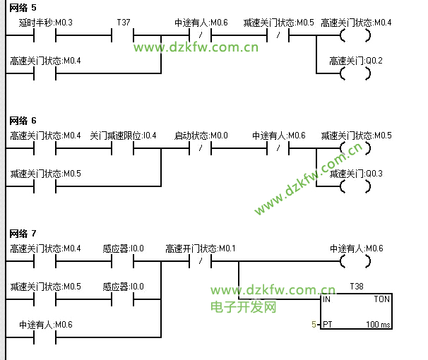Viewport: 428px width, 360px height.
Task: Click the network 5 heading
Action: pos(23,7)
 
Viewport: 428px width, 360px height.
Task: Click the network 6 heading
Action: pos(23,120)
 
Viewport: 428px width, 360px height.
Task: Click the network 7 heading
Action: pos(23,233)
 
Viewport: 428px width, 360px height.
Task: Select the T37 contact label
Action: pos(124,23)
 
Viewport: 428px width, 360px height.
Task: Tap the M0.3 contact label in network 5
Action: pos(45,23)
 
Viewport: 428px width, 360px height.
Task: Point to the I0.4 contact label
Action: pos(123,136)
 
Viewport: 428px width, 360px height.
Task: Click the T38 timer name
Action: pos(357,287)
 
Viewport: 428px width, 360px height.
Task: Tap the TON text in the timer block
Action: pos(381,299)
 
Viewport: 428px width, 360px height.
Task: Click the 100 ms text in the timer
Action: pos(377,325)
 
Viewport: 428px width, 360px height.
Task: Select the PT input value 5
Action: pos(314,325)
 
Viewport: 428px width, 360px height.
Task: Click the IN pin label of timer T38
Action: pos(327,299)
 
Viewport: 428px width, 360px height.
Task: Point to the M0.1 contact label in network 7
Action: pos(201,248)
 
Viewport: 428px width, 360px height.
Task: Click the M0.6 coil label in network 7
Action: pos(356,248)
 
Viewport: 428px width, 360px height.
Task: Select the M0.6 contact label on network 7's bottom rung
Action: pos(45,325)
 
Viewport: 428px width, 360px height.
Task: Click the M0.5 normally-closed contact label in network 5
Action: pos(278,23)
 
